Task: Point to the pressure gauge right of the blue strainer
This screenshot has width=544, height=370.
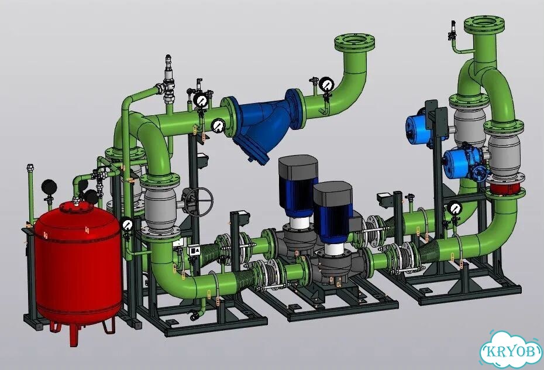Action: (x=326, y=84)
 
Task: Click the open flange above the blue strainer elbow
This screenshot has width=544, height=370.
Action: (x=355, y=43)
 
